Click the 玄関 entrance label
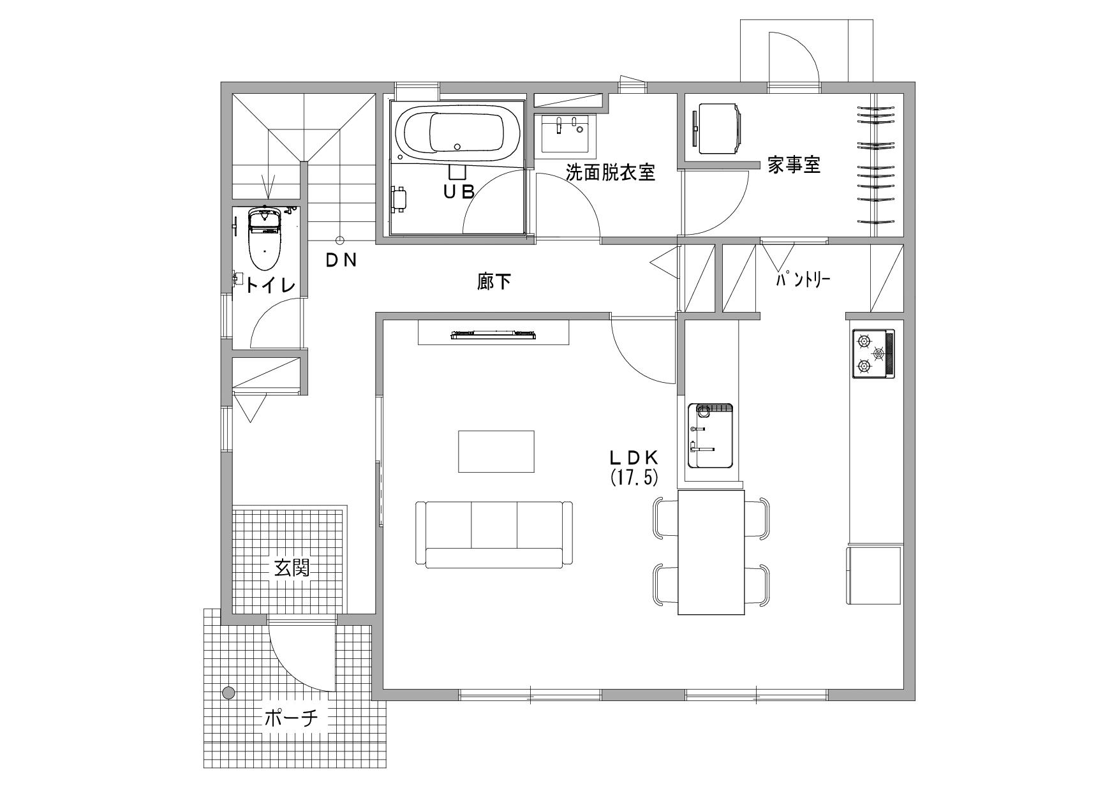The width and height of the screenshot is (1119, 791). point(292,568)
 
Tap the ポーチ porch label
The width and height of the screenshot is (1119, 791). point(291,719)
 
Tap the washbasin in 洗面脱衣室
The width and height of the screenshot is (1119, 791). point(569,133)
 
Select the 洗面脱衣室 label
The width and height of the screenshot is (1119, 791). point(611,172)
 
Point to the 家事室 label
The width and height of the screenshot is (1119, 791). point(794,166)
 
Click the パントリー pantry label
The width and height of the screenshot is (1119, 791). point(803,279)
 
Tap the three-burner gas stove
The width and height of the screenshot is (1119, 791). point(873,353)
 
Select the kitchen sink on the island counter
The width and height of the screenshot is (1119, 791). point(709,435)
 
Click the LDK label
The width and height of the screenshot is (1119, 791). point(634,457)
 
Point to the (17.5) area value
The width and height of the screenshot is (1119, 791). point(634,478)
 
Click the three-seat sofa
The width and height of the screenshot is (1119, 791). point(494,535)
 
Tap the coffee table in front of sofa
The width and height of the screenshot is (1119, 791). point(496,452)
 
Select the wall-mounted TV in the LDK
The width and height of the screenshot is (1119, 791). point(493,334)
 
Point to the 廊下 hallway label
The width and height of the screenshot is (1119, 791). point(494,281)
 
